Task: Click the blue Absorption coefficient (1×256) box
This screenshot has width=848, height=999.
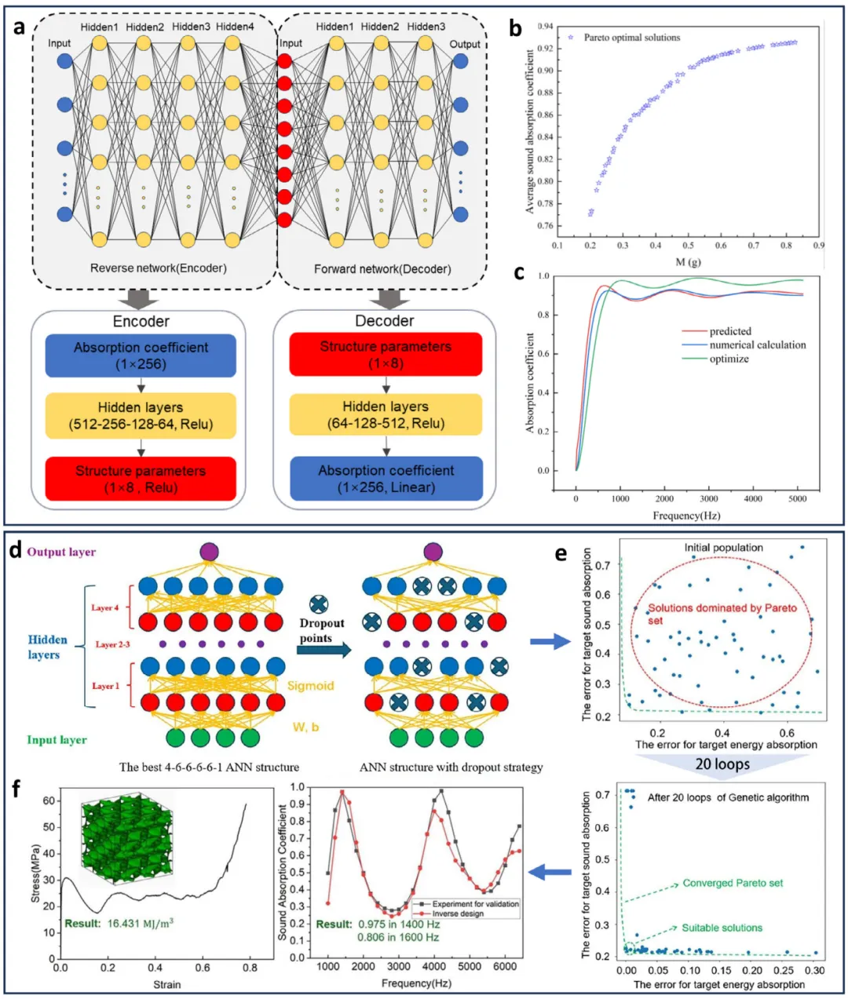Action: (141, 355)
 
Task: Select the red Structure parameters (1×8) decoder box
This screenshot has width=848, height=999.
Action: (386, 355)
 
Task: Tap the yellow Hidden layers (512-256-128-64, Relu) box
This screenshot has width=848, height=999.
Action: (141, 416)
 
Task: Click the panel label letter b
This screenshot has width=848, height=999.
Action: (515, 29)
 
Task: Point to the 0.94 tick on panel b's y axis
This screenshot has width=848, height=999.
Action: (545, 27)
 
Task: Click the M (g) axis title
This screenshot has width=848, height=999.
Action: (688, 262)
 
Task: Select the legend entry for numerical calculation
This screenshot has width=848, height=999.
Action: (757, 345)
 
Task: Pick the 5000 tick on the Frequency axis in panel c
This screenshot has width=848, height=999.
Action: (798, 499)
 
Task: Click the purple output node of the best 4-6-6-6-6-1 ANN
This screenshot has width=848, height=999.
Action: (210, 551)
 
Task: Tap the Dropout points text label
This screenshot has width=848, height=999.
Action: (322, 630)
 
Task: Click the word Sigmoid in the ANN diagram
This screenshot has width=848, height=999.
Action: (310, 685)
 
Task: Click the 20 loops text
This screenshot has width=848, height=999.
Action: (722, 764)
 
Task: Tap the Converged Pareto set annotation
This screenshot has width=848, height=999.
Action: (733, 883)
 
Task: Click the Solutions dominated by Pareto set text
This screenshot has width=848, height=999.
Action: (722, 614)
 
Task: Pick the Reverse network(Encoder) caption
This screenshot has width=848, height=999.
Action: (159, 268)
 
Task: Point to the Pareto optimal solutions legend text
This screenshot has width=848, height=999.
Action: (632, 38)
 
